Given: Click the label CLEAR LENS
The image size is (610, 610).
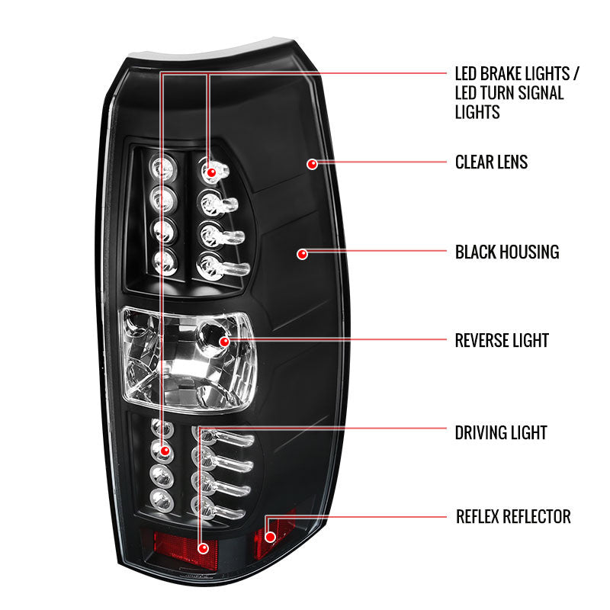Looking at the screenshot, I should (x=491, y=162).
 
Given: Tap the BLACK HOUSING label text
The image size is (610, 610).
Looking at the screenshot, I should (x=507, y=252).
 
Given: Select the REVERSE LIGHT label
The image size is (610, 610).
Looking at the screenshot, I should (x=502, y=340).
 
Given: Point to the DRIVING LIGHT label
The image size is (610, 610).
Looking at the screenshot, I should (x=501, y=432).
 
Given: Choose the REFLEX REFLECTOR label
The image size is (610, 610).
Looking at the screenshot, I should (x=512, y=517).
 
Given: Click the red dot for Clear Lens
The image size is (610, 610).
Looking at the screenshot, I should (x=312, y=163).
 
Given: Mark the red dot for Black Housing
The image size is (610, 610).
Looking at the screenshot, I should (x=303, y=253).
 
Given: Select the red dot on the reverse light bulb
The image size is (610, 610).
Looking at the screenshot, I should (x=224, y=341).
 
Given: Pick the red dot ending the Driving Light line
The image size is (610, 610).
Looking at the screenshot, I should (x=202, y=547).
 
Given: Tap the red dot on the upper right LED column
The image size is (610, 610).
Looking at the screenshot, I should (x=208, y=173).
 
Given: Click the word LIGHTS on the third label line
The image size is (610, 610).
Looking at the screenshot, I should (x=477, y=112).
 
